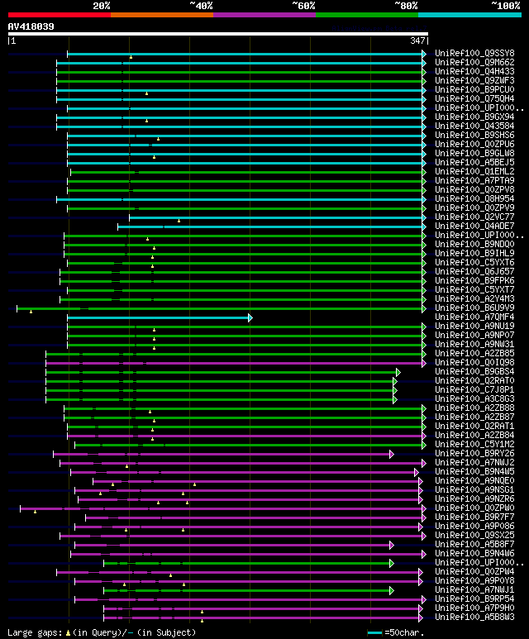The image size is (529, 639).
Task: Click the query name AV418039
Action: coord(31,26)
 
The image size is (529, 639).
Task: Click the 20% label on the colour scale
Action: coord(102,6)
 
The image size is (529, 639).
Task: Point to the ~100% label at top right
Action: coord(505,6)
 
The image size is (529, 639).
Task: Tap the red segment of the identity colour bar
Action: coord(59,15)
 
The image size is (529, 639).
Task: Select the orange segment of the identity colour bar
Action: coord(161,15)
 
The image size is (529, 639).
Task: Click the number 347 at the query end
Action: coord(417,41)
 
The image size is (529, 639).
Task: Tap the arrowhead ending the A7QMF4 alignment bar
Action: coord(250,317)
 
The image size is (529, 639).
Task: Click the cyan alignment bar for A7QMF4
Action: coord(157,317)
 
